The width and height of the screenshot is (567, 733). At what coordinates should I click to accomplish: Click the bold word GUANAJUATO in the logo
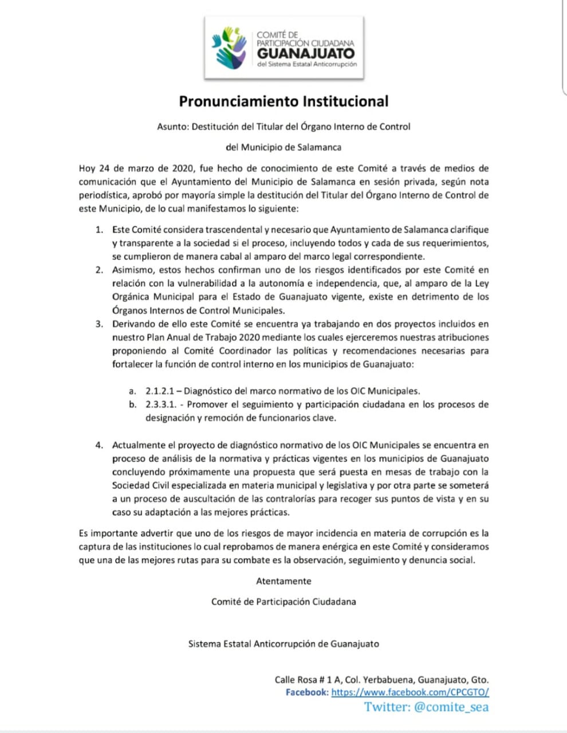click(x=306, y=53)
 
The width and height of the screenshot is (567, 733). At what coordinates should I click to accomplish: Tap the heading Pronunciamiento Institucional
click(x=283, y=101)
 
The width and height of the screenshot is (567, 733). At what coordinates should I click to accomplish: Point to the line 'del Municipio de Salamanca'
click(x=283, y=147)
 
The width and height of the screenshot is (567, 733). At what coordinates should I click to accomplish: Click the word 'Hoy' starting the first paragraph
click(x=87, y=168)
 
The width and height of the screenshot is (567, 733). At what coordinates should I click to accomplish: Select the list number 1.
click(x=99, y=230)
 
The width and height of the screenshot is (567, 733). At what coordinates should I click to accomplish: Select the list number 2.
click(x=99, y=270)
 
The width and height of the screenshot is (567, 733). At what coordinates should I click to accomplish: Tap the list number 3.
click(x=99, y=324)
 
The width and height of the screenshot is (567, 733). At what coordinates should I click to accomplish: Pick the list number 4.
click(x=99, y=445)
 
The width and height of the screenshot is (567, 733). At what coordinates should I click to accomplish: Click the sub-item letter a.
click(x=132, y=392)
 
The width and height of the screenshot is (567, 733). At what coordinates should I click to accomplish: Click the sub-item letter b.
click(x=132, y=405)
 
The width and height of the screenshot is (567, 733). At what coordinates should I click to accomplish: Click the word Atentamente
click(x=283, y=581)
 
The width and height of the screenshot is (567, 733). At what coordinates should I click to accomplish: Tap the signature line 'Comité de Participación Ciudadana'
click(x=283, y=602)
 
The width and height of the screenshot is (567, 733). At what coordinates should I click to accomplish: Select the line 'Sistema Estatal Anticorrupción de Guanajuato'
click(x=283, y=644)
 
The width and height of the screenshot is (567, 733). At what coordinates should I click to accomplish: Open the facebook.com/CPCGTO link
click(x=410, y=692)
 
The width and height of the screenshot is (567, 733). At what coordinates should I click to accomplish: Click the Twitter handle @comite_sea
click(x=451, y=707)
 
